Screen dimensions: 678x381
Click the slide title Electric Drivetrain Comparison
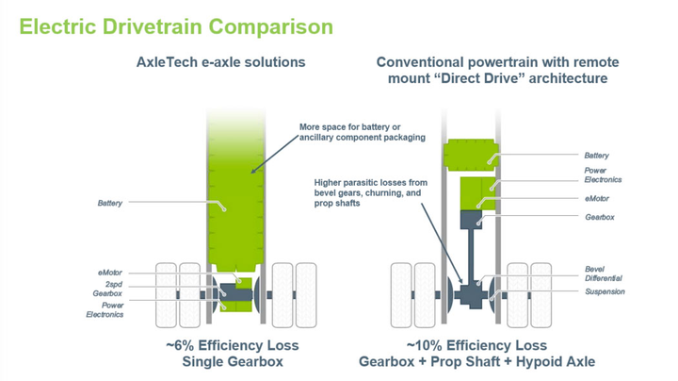176,26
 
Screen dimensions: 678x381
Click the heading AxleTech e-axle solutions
221,62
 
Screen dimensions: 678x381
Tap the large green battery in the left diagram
236,190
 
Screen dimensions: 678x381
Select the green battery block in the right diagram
471,155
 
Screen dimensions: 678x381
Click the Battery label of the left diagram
110,203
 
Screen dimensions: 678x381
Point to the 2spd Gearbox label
107,289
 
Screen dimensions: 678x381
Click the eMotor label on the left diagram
110,273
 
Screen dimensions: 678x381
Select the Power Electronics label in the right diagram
603,174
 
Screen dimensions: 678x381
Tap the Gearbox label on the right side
600,217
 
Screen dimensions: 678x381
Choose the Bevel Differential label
604,273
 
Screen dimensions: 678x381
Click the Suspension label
605,291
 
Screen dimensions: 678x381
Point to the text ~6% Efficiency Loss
233,345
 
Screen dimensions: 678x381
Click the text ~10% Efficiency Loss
476,345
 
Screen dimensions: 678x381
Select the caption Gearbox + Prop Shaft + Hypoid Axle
476,361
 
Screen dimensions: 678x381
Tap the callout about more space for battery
363,132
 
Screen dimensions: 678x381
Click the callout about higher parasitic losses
371,192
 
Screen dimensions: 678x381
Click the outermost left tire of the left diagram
166,295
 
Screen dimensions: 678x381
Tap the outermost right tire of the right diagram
541,295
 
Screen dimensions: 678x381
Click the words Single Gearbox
233,361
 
